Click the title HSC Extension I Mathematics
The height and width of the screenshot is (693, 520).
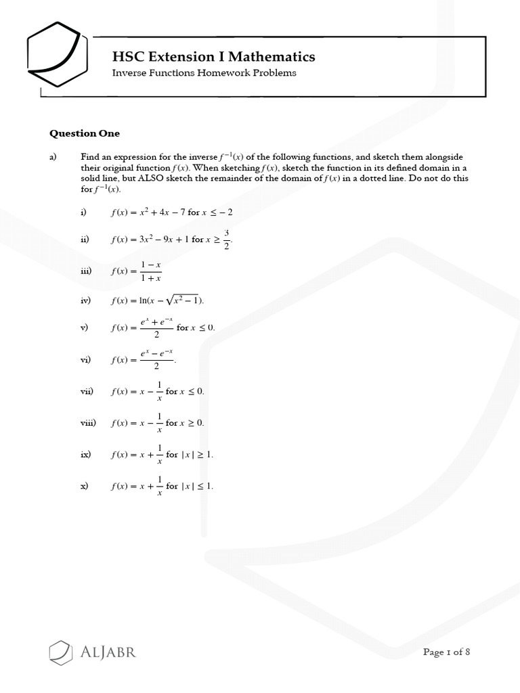tap(213, 56)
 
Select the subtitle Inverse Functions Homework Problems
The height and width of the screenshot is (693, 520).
tap(204, 73)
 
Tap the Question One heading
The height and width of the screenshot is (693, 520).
tap(85, 133)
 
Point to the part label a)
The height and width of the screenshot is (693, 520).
tap(53, 156)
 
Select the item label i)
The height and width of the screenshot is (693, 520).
tap(83, 212)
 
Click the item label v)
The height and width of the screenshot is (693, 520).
tap(84, 328)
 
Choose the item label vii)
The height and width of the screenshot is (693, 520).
tap(86, 391)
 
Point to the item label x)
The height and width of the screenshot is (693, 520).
tap(84, 486)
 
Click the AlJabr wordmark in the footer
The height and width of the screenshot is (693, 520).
tap(108, 653)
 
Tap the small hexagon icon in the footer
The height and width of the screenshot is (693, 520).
tap(60, 652)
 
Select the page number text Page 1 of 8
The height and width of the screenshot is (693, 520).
tap(446, 652)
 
